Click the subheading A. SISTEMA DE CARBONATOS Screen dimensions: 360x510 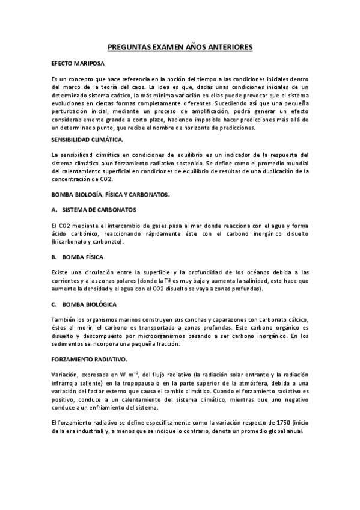pos(94,209)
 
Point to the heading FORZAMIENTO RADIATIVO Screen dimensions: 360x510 pos(89,359)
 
